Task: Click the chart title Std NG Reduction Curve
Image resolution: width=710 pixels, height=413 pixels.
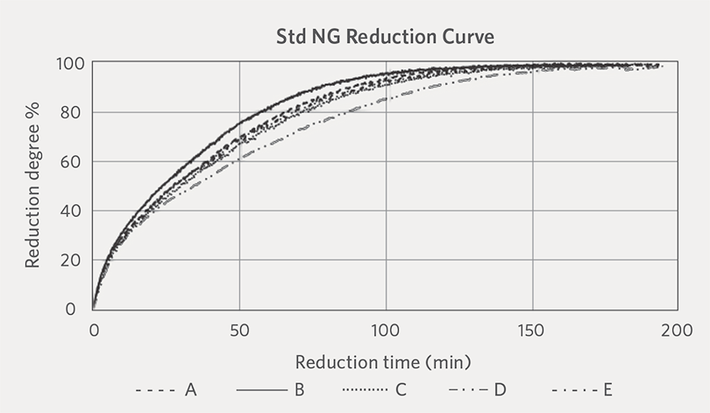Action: point(385,37)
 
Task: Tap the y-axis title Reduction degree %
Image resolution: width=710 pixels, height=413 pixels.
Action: point(32,185)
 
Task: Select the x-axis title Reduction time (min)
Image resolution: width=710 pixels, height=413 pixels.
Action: point(383,362)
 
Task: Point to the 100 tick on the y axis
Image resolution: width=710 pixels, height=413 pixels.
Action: point(70,63)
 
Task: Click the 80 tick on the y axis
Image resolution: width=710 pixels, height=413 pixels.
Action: point(70,112)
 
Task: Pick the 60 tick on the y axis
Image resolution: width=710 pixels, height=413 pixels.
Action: point(70,161)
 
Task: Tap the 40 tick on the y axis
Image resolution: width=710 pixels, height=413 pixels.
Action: point(70,210)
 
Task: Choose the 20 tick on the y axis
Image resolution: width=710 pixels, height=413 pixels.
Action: point(70,260)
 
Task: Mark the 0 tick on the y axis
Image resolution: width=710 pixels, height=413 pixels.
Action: point(70,309)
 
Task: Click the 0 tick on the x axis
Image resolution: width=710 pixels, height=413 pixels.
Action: point(94,331)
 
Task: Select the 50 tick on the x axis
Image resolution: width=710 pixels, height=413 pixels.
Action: point(239,331)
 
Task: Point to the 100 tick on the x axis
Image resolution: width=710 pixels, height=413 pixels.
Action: point(386,331)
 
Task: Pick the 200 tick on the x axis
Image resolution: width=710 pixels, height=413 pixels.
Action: point(677,331)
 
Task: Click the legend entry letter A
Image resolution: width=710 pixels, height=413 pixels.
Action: point(190,389)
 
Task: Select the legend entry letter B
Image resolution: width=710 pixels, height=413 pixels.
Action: point(299,389)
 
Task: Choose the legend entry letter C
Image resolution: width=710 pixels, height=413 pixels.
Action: point(401,389)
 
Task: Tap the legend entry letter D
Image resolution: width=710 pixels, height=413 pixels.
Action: point(500,389)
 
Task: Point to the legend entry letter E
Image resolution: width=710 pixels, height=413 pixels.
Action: point(607,389)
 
